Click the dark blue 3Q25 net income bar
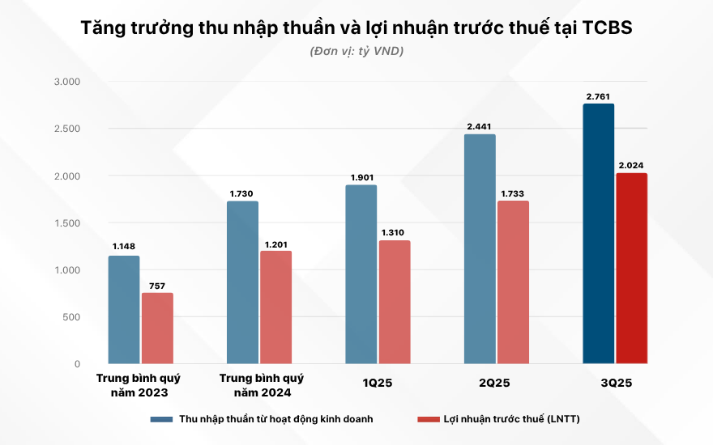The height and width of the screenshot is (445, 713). point(599,234)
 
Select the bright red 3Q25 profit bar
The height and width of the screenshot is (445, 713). point(632,269)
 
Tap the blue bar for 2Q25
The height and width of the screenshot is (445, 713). point(480,248)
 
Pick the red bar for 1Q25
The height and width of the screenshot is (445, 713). point(395,302)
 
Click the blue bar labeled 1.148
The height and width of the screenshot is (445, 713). point(124,310)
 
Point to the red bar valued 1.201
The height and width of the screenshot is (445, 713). point(275,307)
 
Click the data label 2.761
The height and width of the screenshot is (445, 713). point(599,97)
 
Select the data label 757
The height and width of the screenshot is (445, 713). point(157,286)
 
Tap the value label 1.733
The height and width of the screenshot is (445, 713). point(514,194)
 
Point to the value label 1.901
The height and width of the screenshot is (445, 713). point(361,178)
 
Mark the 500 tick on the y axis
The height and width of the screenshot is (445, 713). point(71,317)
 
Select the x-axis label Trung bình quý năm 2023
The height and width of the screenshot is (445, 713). point(139,385)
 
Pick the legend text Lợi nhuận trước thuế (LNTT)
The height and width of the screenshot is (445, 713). point(510,419)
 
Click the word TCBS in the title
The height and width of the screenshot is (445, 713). point(603,28)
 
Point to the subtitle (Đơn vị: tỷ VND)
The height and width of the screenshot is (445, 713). point(356,51)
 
